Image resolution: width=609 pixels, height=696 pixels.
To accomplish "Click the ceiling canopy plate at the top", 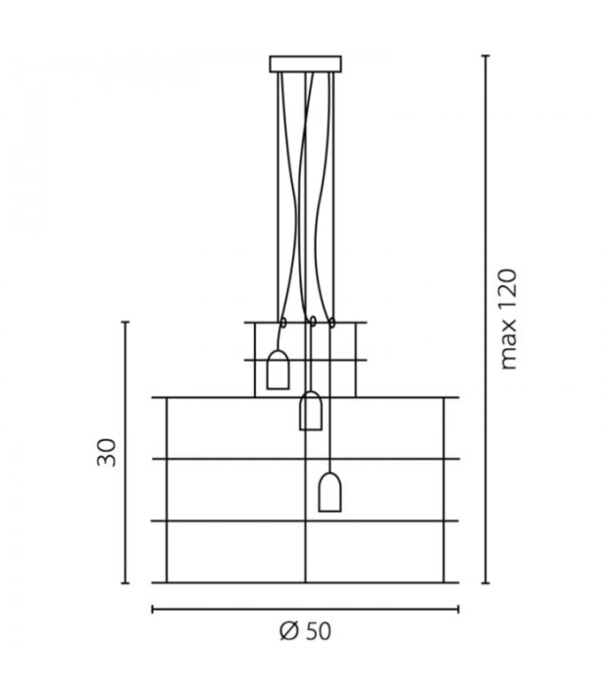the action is pos(306,64).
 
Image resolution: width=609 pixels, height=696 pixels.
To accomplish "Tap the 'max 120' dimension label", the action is pos(509,319).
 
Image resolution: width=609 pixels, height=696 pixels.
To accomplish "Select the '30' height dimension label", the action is pos(107,452).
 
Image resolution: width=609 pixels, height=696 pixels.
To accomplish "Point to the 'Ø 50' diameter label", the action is pos(306,631).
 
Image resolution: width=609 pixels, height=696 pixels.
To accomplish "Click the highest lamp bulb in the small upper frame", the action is pos(279,370).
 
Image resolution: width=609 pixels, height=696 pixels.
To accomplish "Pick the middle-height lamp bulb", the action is pos(311,411).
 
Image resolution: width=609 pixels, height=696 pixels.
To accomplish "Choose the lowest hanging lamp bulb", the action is pos(330,492).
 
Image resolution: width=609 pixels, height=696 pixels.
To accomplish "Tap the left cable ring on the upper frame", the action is pos(283,322).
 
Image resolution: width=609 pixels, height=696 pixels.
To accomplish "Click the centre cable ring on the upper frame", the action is pos(313,322).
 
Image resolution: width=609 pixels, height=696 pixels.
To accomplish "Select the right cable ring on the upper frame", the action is pos(331,323).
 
